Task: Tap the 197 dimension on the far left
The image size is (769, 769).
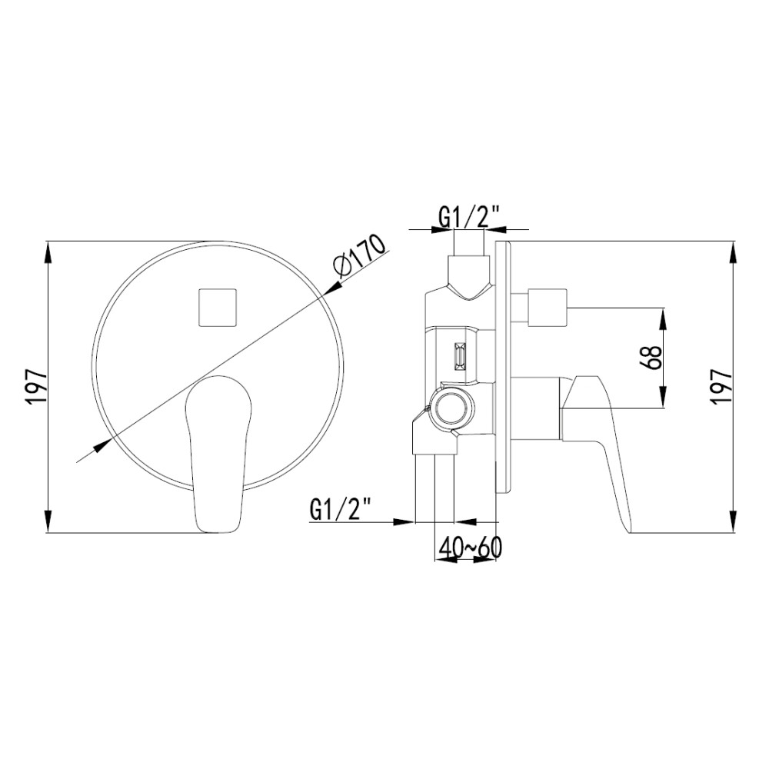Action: click(x=37, y=387)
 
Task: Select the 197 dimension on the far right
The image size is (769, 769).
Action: click(x=722, y=388)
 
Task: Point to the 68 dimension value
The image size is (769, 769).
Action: click(x=652, y=357)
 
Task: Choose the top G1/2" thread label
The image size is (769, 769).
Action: click(x=469, y=216)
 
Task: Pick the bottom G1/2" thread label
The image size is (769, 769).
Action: click(x=340, y=510)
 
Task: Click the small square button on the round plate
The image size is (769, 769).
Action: click(x=218, y=308)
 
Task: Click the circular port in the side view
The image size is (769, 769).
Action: click(x=449, y=409)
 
